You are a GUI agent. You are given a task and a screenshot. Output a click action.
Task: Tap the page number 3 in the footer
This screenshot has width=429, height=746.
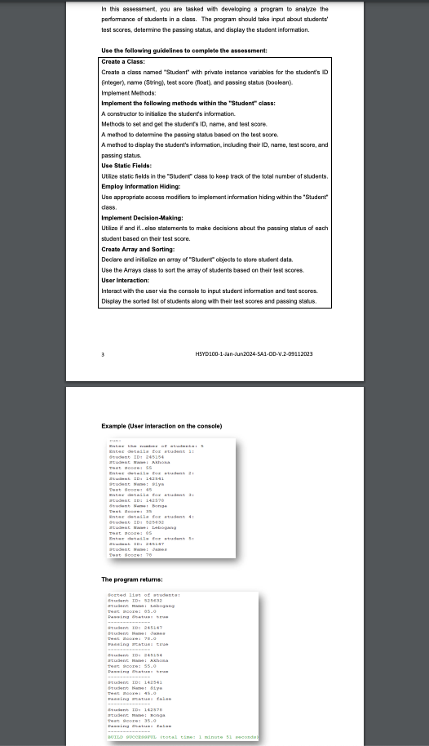click(102, 353)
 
